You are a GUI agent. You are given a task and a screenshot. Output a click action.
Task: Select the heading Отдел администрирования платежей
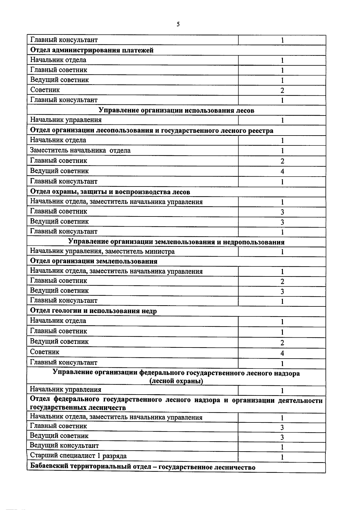click(x=92, y=50)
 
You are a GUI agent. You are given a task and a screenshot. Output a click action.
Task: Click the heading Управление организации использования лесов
click(x=176, y=110)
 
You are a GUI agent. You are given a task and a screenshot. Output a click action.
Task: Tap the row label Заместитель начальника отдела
click(x=80, y=150)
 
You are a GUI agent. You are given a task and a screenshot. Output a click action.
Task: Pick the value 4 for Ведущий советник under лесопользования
click(x=282, y=171)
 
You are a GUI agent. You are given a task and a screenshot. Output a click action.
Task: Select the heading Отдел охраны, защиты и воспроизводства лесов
click(x=110, y=192)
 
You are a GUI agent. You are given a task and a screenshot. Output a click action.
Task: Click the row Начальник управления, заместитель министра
click(x=102, y=251)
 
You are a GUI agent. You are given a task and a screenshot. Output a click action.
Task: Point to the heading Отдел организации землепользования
click(x=94, y=261)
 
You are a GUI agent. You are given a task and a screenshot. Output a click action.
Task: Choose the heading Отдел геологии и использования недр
click(x=93, y=311)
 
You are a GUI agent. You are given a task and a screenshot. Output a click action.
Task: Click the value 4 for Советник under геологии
click(x=282, y=353)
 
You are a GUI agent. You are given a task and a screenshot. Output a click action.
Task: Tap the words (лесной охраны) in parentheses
click(x=176, y=381)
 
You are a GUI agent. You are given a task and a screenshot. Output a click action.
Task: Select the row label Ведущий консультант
click(x=64, y=446)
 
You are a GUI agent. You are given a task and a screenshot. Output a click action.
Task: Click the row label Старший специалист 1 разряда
click(x=78, y=456)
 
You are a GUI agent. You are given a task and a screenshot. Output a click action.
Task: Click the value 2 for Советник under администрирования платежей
click(x=282, y=90)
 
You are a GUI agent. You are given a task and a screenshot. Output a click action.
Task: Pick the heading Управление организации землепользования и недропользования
click(x=176, y=242)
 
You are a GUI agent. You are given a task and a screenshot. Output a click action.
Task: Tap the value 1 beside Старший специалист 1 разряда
click(x=282, y=457)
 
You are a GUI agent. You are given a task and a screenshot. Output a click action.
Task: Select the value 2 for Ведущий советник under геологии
click(x=282, y=343)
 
